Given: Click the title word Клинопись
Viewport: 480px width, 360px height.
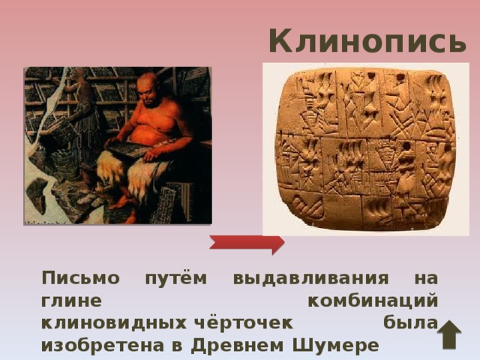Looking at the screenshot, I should (x=367, y=41).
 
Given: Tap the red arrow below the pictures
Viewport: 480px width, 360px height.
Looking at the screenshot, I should (x=247, y=243).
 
